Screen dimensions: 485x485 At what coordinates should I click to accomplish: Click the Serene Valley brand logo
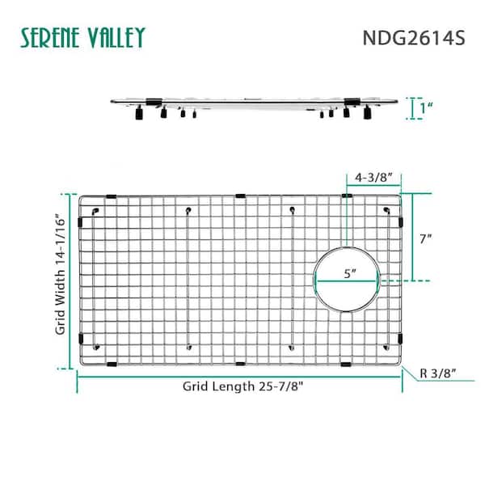82,37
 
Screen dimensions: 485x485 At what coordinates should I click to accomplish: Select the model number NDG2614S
414,38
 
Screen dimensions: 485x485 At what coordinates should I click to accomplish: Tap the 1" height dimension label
426,108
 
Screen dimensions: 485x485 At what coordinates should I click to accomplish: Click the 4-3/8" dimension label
373,178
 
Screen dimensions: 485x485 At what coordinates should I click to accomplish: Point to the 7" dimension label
426,238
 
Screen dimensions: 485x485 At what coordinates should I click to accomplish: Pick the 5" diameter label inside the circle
350,273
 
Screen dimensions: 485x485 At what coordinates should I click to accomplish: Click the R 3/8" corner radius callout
437,373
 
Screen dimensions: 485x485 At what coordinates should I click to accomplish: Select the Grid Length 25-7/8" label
243,386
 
